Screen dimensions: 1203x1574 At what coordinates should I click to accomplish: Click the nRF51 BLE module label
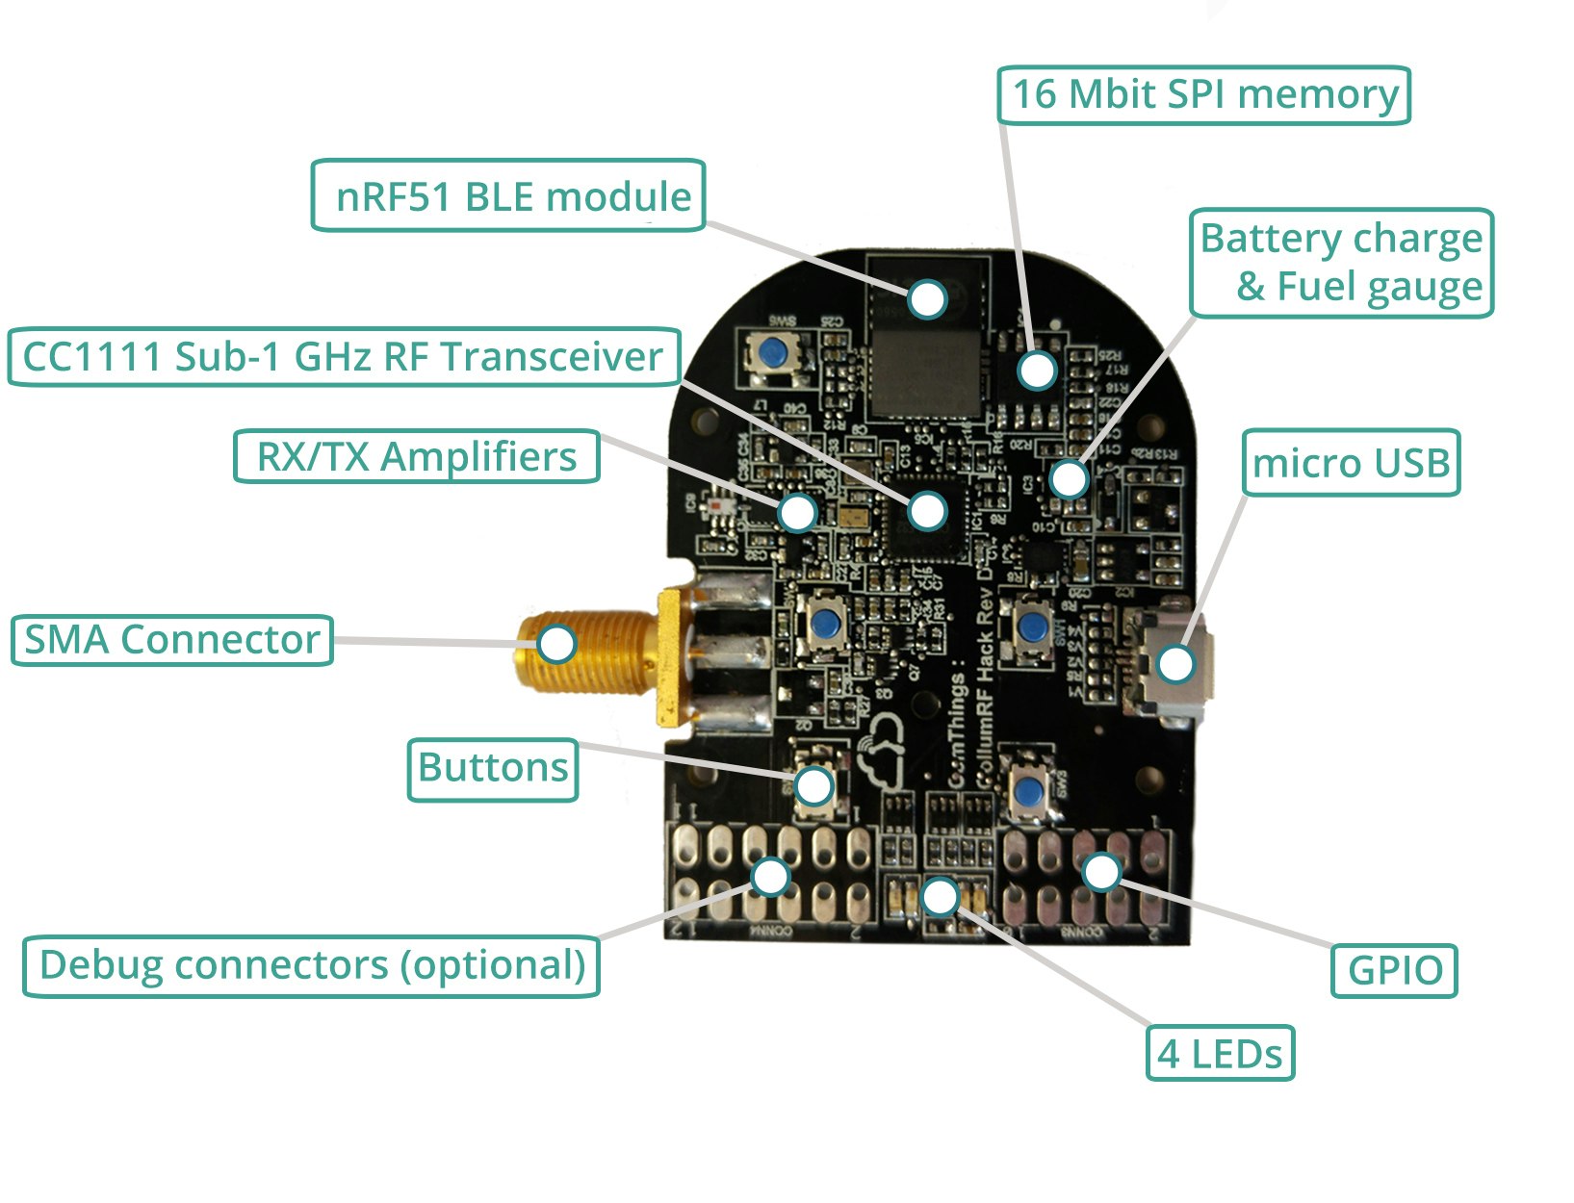pyautogui.click(x=508, y=196)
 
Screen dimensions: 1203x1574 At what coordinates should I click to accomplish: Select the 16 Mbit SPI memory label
pyautogui.click(x=1203, y=94)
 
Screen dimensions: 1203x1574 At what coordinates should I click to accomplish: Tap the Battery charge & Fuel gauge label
pyautogui.click(x=1341, y=262)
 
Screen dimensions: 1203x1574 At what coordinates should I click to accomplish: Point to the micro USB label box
pyautogui.click(x=1351, y=463)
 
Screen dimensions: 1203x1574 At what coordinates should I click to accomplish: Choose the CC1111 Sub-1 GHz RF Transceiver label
pyautogui.click(x=344, y=357)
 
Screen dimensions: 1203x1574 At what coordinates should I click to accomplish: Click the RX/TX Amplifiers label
pyautogui.click(x=416, y=456)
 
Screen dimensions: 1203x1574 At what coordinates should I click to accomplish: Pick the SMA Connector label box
pyautogui.click(x=171, y=640)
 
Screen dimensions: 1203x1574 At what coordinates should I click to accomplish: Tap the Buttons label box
pyautogui.click(x=493, y=769)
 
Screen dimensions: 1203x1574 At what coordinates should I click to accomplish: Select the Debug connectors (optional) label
pyautogui.click(x=311, y=965)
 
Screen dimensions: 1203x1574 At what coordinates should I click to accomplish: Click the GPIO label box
pyautogui.click(x=1394, y=970)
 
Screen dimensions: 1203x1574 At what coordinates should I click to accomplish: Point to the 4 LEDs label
pyautogui.click(x=1220, y=1054)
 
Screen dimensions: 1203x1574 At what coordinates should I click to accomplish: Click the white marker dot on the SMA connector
pyautogui.click(x=556, y=643)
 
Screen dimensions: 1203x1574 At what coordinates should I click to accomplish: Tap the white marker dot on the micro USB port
pyautogui.click(x=1175, y=663)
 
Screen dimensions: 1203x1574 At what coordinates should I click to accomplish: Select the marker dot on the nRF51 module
pyautogui.click(x=928, y=299)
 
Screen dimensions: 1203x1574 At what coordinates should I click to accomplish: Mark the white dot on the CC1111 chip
pyautogui.click(x=928, y=510)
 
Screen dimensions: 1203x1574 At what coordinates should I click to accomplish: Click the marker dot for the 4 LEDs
pyautogui.click(x=940, y=897)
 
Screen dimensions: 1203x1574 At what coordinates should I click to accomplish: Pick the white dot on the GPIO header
pyautogui.click(x=1101, y=872)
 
